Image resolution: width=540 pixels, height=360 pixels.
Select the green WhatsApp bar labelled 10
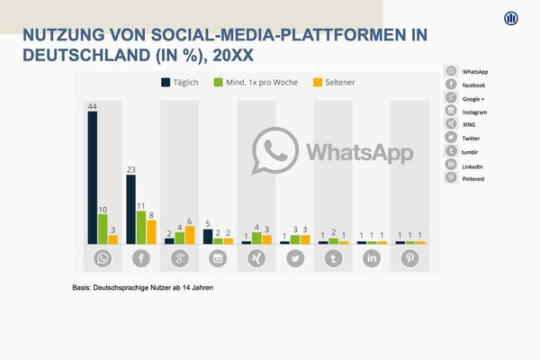[x=103, y=229]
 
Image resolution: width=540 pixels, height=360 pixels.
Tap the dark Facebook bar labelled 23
[x=130, y=209]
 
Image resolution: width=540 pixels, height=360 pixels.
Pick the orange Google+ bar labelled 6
[x=190, y=235]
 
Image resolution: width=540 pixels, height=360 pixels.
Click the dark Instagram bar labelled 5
[x=207, y=236]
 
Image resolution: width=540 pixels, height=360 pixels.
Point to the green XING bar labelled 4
[x=256, y=238]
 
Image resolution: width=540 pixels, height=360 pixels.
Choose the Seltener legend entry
[x=332, y=83]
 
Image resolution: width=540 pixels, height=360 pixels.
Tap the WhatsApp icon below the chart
[x=103, y=259]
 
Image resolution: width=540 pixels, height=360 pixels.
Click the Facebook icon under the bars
[x=141, y=259]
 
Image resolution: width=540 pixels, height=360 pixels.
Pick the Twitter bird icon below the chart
[x=294, y=259]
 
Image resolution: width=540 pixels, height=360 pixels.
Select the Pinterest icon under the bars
[x=409, y=259]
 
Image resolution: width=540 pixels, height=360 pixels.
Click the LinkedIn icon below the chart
[x=371, y=259]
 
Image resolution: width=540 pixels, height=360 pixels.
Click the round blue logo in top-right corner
[x=512, y=20]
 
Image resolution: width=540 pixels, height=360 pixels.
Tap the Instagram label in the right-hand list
[x=473, y=112]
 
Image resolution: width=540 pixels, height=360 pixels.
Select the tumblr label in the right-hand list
[x=470, y=152]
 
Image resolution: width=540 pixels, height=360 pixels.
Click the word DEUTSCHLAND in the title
[x=82, y=54]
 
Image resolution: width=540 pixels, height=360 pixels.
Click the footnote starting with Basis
[x=143, y=288]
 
